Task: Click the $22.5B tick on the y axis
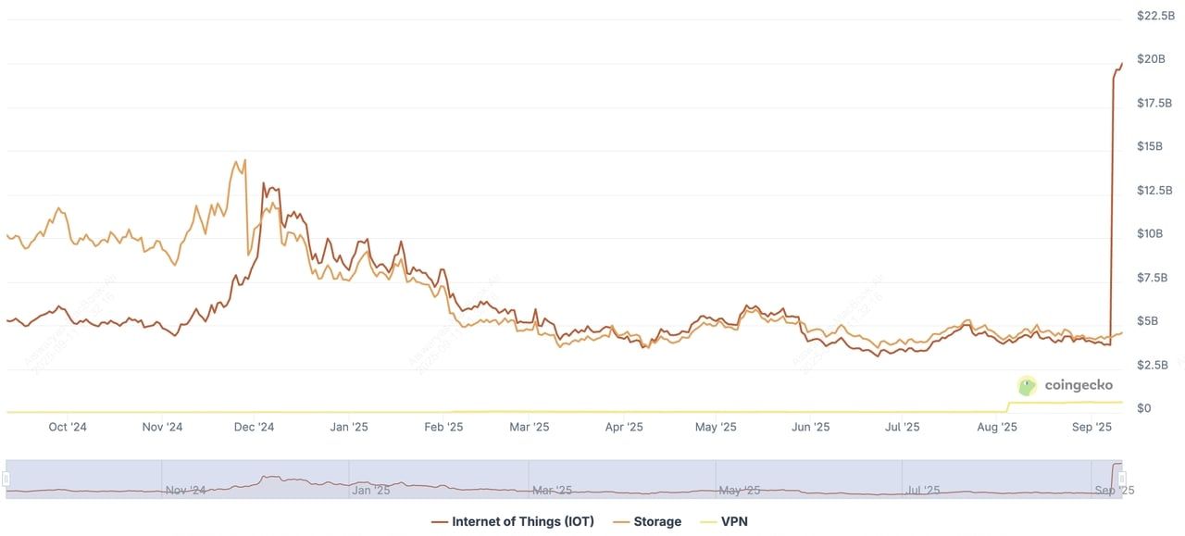tap(1156, 16)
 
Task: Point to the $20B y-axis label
tap(1152, 59)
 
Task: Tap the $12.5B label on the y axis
tap(1156, 191)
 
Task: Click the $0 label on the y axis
tap(1144, 408)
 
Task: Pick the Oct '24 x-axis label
tap(68, 427)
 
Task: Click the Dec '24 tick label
tap(254, 427)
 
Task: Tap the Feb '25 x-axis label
tap(443, 427)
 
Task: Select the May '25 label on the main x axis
tap(716, 427)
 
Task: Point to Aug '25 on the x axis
tap(997, 427)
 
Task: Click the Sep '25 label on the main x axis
tap(1091, 427)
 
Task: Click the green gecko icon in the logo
tap(1027, 386)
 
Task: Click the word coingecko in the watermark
tap(1079, 385)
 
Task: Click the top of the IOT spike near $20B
tap(1121, 63)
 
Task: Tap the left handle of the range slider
tap(6, 479)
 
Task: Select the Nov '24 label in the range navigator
tap(185, 490)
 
